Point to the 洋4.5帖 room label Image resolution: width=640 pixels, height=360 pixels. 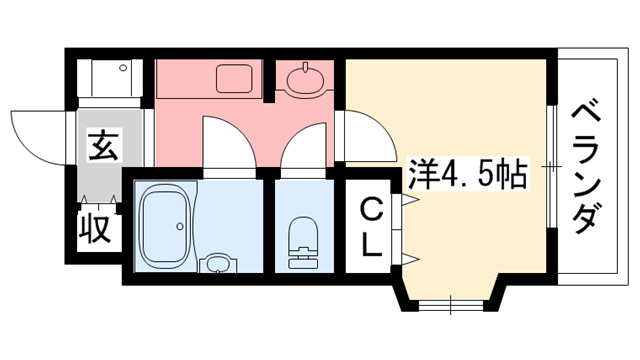point(468,175)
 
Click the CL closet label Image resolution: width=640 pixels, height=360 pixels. point(371,228)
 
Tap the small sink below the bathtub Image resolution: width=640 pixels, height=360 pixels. point(215,265)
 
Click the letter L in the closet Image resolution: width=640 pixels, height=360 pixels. point(371,244)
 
